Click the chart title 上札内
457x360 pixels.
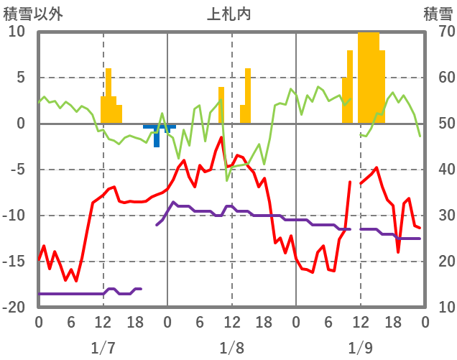coord(229,14)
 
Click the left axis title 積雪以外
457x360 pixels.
coord(29,14)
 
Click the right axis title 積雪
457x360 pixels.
coord(437,14)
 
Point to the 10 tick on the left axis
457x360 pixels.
coord(17,32)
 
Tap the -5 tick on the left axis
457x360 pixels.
coord(17,170)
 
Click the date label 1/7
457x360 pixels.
coord(103,348)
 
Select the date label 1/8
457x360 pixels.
coord(231,348)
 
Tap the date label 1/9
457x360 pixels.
coord(360,348)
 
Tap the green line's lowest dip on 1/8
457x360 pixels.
coord(227,180)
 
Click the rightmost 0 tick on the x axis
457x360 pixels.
coord(425,322)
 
